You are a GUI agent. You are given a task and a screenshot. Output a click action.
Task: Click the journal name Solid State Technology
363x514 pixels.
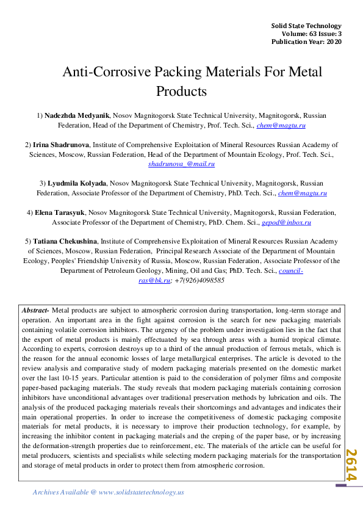(306, 26)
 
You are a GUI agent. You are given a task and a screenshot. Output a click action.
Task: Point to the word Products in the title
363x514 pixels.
(182, 92)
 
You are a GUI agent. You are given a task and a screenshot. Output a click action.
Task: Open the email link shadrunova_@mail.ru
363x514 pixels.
(182, 164)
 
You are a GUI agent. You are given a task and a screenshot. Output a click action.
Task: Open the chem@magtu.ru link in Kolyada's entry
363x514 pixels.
(303, 193)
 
